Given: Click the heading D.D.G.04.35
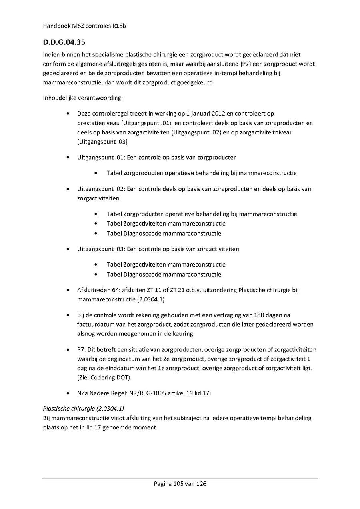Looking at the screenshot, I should coord(64,42).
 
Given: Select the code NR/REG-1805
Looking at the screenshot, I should coord(147,393).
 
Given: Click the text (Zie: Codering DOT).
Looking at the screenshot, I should coord(104,377).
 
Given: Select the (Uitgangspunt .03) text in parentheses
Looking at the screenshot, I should coord(103,142).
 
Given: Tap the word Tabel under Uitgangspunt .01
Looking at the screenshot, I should coord(114,173).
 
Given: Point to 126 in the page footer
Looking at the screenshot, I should coord(201,483).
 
